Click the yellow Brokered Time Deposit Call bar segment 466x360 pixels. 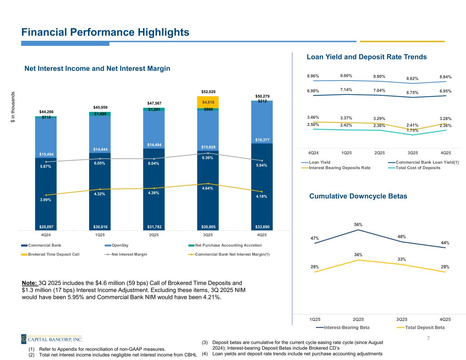pyautogui.click(x=208, y=102)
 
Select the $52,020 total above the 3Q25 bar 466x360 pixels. pyautogui.click(x=208, y=92)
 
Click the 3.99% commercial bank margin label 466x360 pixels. pyautogui.click(x=46, y=200)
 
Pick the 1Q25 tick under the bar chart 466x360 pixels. pyautogui.click(x=100, y=235)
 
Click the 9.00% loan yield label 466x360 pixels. pyautogui.click(x=346, y=76)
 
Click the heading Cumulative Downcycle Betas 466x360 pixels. pyautogui.click(x=358, y=196)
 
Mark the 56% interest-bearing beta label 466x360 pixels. pyautogui.click(x=358, y=225)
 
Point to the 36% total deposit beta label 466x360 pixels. pyautogui.click(x=358, y=255)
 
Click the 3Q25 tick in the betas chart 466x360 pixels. pyautogui.click(x=402, y=319)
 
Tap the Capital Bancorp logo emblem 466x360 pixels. pyautogui.click(x=24, y=339)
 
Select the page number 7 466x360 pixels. pyautogui.click(x=428, y=338)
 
